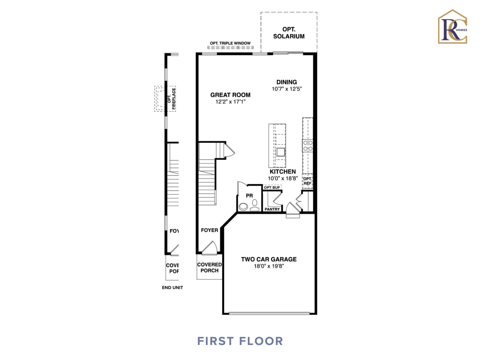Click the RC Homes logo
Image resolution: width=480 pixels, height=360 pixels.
coord(452,27)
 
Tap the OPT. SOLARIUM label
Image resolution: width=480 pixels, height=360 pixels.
coord(289,33)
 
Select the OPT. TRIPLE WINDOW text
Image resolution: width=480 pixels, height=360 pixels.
coord(230,43)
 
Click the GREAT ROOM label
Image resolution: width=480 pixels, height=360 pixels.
coord(230,95)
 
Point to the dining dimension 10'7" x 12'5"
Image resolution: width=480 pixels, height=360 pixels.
coord(287,89)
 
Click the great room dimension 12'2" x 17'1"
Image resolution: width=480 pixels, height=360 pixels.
coord(230,102)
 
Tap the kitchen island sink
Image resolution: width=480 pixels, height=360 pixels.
coord(280,152)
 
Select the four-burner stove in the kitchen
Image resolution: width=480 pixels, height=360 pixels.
coord(308,146)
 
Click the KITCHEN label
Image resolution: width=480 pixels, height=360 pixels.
coord(282,172)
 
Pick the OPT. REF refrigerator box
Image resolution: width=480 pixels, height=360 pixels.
coord(307,181)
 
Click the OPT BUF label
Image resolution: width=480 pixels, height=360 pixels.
coord(272,187)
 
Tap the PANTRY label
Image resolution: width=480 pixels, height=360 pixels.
coord(272,209)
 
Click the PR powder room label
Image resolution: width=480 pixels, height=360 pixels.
coord(249,196)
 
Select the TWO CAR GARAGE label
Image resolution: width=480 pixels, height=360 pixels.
coord(269,259)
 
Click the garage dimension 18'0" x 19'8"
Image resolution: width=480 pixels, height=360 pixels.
coord(269,266)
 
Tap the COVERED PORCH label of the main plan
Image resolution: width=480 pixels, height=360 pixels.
coord(209,267)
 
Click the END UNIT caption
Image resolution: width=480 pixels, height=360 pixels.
coord(172,287)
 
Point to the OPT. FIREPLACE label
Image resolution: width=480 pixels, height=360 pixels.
coord(172,99)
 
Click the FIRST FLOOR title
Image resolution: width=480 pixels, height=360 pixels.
coord(240,341)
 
